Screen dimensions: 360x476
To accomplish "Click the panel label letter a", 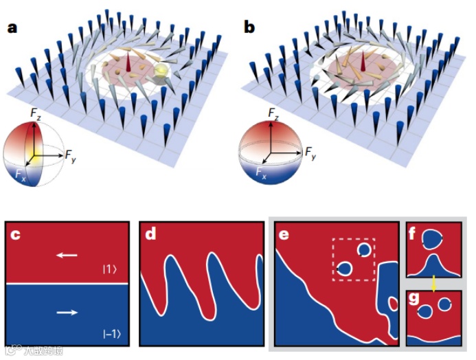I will coord(12,28).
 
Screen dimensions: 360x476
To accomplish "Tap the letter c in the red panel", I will coord(17,234).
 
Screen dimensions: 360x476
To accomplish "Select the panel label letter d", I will coord(151,234).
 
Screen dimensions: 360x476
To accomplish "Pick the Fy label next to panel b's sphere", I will coord(310,152).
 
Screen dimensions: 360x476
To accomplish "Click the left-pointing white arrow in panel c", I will coord(67,255).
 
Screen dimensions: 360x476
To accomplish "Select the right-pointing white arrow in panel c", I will coord(67,313).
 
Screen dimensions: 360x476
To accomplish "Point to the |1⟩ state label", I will coord(109,269).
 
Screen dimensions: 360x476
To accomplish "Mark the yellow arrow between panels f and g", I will coord(433,282).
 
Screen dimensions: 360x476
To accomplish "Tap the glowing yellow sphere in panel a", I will coord(160,71).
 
